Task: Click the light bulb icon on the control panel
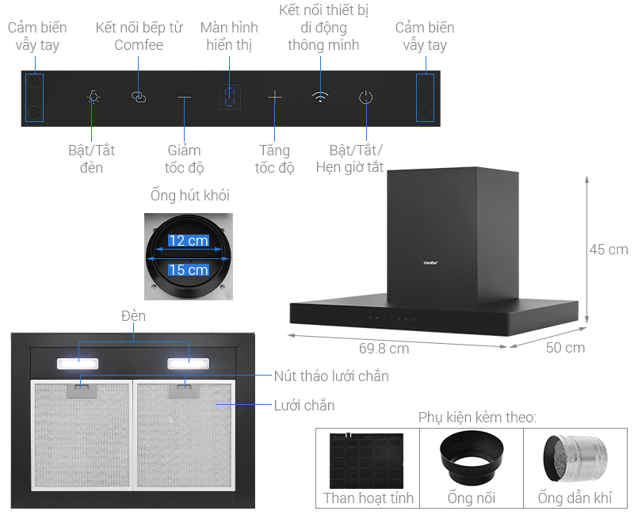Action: (94, 97)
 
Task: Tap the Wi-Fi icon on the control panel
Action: (319, 97)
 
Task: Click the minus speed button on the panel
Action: (184, 97)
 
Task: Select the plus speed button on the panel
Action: (274, 97)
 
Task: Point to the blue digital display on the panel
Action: (230, 97)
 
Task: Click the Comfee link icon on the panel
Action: (139, 97)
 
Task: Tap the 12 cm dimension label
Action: (188, 240)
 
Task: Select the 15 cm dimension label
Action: (188, 270)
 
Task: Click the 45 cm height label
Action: (608, 250)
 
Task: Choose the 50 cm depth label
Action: (565, 348)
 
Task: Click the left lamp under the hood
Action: (77, 364)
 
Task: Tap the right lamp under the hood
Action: (188, 364)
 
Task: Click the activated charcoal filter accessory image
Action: (367, 460)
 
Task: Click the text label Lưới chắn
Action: (304, 406)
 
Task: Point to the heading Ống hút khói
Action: (189, 195)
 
